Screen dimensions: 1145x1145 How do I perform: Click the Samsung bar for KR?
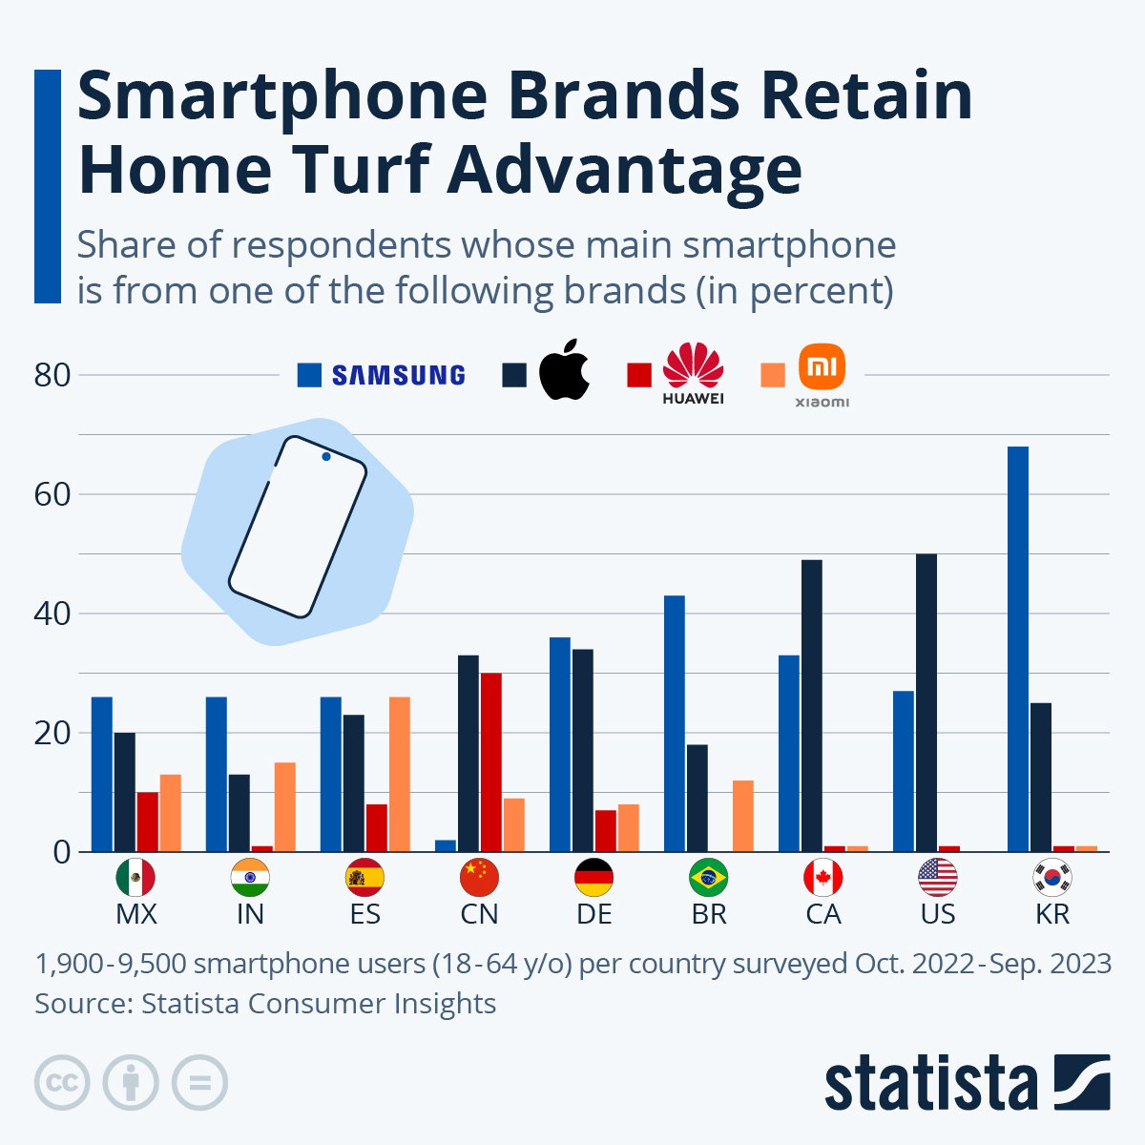click(1018, 649)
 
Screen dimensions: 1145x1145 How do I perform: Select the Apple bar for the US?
click(926, 702)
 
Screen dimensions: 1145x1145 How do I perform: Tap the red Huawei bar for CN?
click(491, 761)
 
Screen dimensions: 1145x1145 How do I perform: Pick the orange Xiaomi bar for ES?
click(400, 774)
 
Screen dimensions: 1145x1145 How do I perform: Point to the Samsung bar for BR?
click(675, 723)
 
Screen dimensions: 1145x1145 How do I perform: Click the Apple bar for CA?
click(812, 705)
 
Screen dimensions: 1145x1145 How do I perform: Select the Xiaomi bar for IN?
click(285, 806)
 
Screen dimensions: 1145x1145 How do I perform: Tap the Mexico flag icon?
click(135, 878)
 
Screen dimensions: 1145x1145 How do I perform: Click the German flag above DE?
click(594, 878)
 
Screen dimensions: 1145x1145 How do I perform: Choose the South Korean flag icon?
click(1052, 878)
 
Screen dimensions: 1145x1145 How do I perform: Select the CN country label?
click(479, 914)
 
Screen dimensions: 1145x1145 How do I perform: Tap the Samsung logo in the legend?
click(398, 375)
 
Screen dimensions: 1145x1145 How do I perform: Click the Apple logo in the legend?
click(564, 369)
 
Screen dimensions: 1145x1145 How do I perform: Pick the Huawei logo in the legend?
click(694, 373)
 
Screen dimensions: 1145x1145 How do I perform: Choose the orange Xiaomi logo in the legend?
click(822, 367)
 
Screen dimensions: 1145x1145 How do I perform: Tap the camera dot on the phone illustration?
click(326, 457)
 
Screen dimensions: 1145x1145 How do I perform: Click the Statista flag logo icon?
click(1082, 1082)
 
